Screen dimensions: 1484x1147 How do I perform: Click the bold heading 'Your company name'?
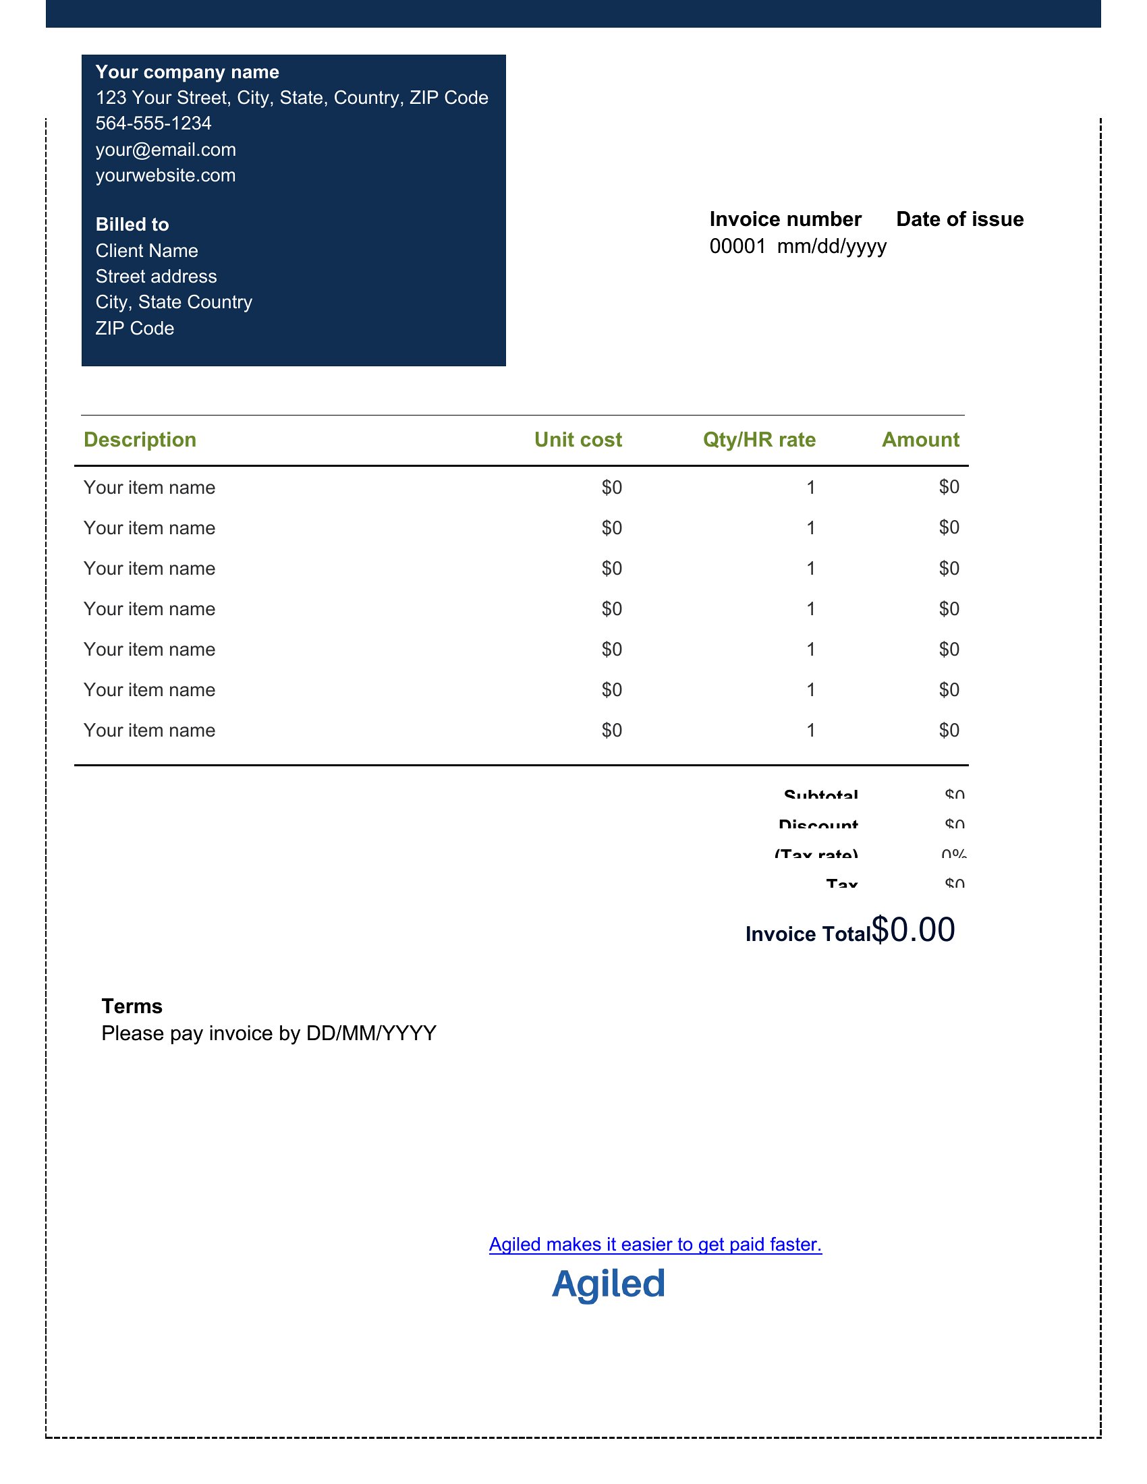click(187, 72)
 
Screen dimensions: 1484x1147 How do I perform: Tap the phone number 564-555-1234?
click(153, 123)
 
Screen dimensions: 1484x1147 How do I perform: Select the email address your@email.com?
click(166, 150)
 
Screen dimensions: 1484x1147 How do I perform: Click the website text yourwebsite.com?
click(165, 175)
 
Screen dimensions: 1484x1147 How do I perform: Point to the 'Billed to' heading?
click(132, 224)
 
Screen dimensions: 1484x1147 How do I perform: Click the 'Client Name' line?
click(147, 251)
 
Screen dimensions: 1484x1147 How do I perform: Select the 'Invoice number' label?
click(785, 219)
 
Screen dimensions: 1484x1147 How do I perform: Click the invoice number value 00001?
click(737, 246)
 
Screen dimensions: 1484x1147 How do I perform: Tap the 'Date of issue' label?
click(959, 219)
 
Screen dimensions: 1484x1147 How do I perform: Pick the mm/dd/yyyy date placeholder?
click(832, 246)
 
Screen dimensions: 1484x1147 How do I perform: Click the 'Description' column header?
click(139, 440)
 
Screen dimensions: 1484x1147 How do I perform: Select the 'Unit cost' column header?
click(578, 440)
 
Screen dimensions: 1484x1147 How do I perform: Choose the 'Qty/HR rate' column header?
click(759, 440)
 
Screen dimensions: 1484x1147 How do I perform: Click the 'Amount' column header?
click(920, 440)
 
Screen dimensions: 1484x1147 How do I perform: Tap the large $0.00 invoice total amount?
click(914, 930)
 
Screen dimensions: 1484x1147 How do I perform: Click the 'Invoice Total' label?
click(808, 934)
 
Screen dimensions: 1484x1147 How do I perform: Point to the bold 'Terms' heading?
click(132, 1006)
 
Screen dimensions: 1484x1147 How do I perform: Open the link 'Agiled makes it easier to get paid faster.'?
click(655, 1244)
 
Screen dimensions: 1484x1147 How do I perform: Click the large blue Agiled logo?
click(608, 1284)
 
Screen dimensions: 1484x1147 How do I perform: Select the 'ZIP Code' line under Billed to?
click(134, 329)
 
